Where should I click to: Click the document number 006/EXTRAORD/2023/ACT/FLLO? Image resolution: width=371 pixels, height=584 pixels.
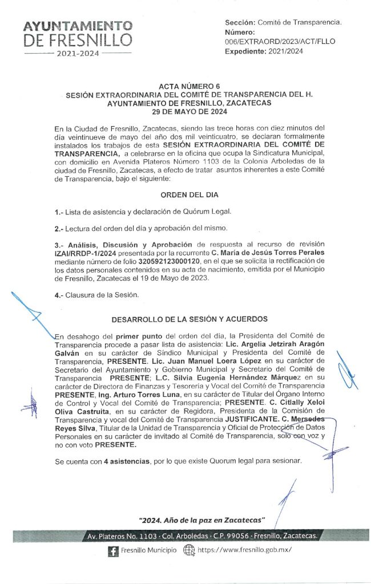pyautogui.click(x=280, y=42)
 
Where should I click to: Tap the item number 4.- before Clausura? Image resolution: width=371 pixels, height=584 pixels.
pyautogui.click(x=59, y=295)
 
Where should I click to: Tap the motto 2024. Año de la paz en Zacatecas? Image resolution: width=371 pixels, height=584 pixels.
pyautogui.click(x=203, y=520)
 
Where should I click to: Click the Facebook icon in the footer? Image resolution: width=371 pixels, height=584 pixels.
pyautogui.click(x=112, y=550)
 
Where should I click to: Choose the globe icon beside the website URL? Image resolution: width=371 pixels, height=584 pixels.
pyautogui.click(x=189, y=550)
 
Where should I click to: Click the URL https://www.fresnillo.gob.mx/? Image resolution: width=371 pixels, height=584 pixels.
pyautogui.click(x=244, y=550)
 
